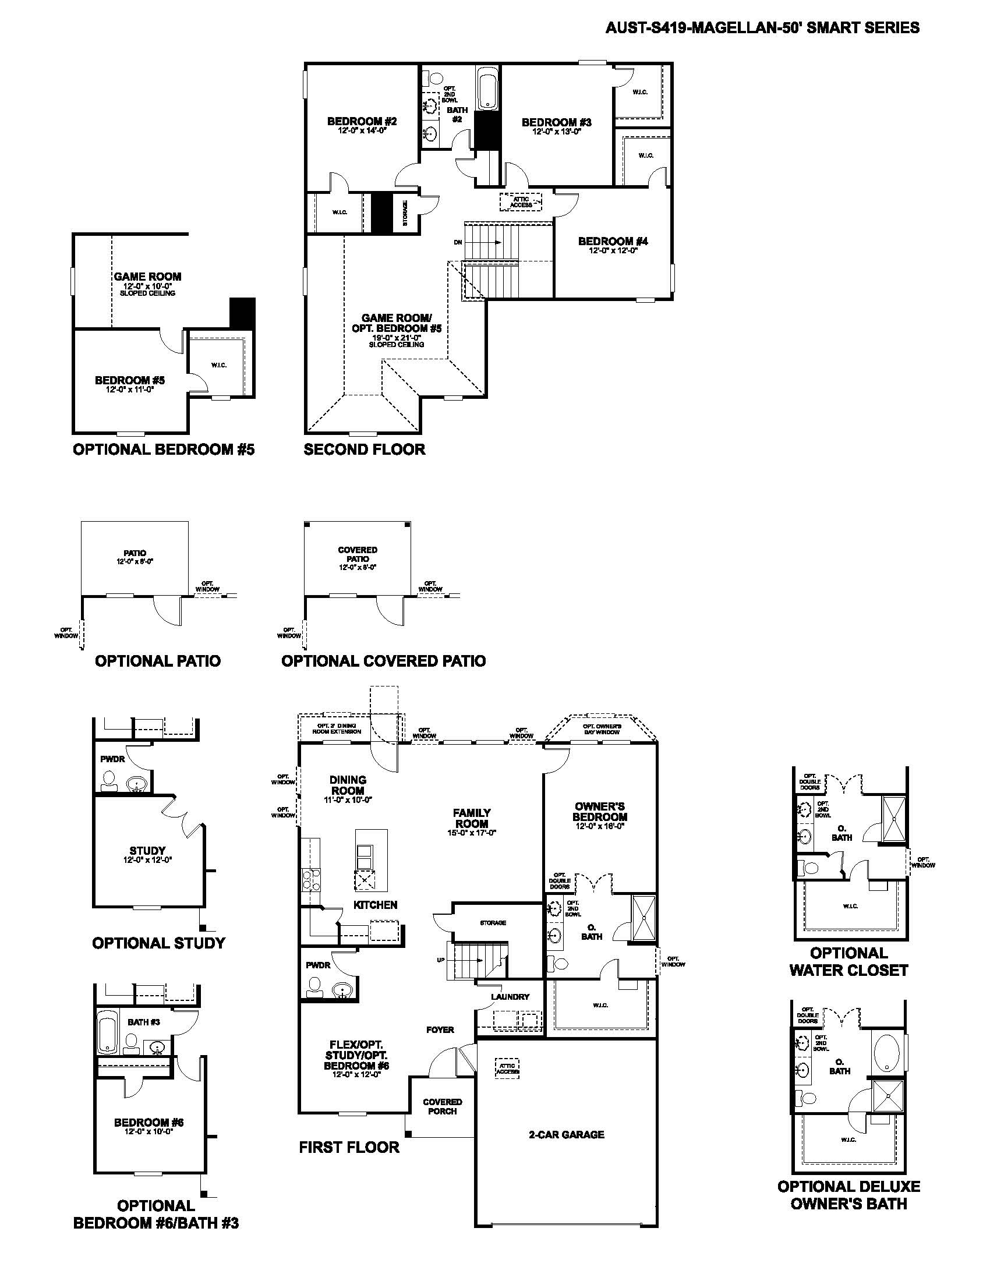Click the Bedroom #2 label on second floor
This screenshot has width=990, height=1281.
tap(362, 122)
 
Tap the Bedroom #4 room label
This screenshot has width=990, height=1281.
tap(613, 241)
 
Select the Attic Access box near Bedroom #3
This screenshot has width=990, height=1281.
tap(520, 202)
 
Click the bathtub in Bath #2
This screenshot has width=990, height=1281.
tap(487, 89)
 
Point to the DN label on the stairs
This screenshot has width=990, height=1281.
tap(458, 242)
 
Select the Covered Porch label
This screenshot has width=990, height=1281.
tap(442, 1106)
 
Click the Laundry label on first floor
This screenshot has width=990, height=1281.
tap(510, 996)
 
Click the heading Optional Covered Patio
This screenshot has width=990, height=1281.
tap(383, 661)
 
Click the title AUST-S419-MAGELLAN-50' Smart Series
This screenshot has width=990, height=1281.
tap(762, 27)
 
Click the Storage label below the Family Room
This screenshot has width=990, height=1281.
tap(493, 923)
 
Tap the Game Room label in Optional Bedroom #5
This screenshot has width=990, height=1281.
tap(147, 276)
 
